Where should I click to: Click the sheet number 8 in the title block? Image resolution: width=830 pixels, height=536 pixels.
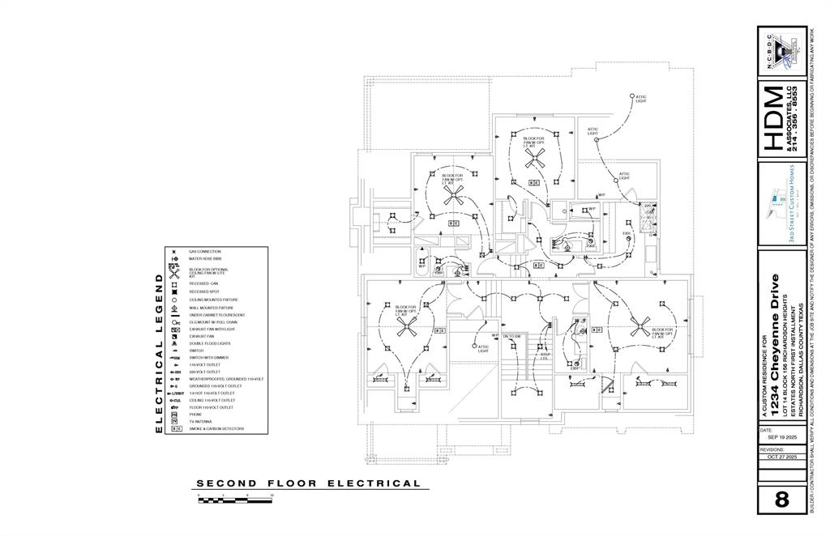click(x=781, y=500)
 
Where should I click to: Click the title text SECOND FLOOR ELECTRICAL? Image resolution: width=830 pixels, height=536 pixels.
click(x=309, y=484)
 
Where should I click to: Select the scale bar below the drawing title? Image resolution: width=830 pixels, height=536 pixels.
click(x=236, y=500)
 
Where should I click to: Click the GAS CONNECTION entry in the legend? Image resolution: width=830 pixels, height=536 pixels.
click(x=204, y=252)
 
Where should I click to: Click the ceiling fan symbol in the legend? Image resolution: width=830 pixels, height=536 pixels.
click(x=173, y=272)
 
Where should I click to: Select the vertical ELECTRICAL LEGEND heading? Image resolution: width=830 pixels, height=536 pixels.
click(x=159, y=352)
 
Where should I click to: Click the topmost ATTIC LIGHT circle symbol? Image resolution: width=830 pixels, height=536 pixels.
click(x=631, y=96)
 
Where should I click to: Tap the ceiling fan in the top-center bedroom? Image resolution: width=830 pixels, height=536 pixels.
click(x=533, y=160)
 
